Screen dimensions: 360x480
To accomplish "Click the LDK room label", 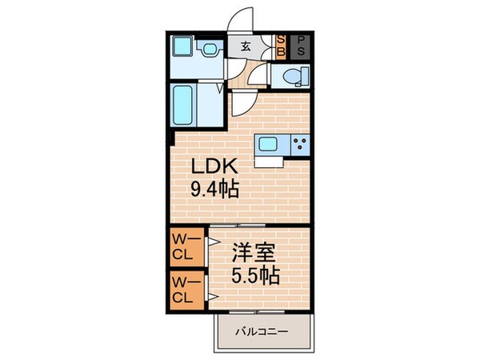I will pyautogui.click(x=213, y=169).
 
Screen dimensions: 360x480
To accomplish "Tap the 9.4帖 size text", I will pyautogui.click(x=214, y=191).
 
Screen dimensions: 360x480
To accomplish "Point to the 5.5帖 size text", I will pyautogui.click(x=256, y=277).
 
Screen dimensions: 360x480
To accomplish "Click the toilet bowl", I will pyautogui.click(x=290, y=77).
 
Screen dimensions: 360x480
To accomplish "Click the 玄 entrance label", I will pyautogui.click(x=246, y=45).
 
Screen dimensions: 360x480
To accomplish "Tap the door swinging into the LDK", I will pyautogui.click(x=245, y=102).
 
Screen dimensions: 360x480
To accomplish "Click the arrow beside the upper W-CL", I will pyautogui.click(x=211, y=239).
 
